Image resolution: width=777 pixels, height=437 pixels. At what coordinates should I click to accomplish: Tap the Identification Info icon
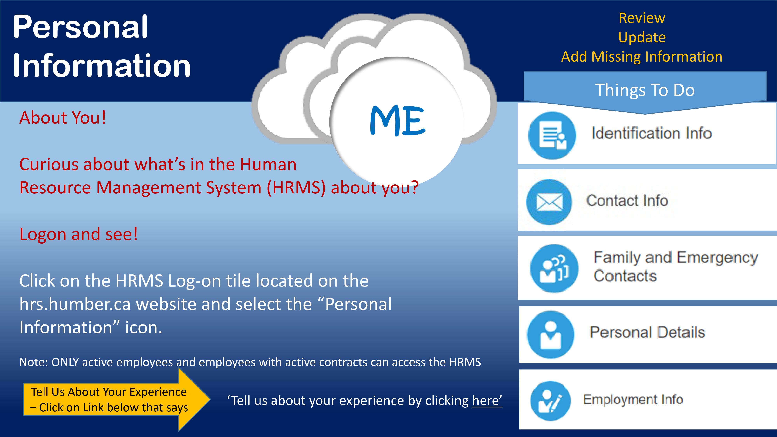pos(552,135)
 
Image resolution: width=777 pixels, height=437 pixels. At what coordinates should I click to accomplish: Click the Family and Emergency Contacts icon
pos(554,268)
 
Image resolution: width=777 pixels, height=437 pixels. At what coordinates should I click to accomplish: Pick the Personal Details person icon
pos(551,335)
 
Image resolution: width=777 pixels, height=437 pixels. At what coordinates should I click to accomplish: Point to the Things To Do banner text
pos(645,90)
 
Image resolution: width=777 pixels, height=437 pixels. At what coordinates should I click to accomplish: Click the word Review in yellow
pos(642,18)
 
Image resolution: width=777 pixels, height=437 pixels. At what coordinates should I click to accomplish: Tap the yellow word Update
pos(642,37)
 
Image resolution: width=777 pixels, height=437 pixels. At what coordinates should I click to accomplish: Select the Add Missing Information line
pos(642,57)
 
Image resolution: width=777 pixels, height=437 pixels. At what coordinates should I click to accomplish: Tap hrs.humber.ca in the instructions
pos(75,304)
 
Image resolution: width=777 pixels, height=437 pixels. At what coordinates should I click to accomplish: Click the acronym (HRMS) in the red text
pos(296,188)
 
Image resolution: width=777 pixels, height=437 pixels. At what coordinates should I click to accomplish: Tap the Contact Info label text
pos(627,201)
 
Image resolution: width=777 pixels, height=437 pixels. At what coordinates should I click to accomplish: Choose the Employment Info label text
pos(633,400)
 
